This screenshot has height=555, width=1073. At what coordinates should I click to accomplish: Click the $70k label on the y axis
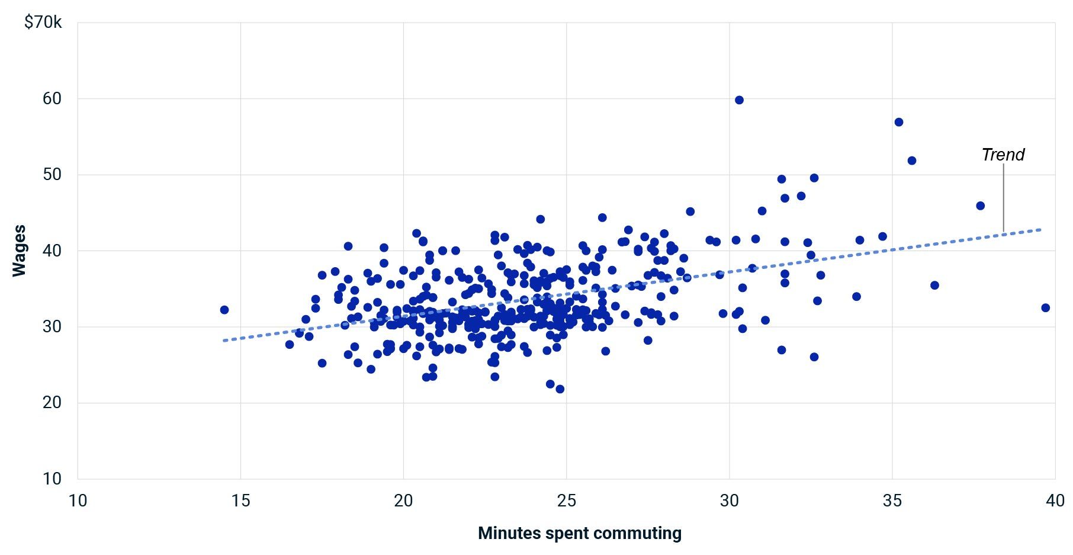point(43,23)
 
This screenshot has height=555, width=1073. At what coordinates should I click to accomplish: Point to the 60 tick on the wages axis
point(52,98)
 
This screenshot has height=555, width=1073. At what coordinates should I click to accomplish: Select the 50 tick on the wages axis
point(52,175)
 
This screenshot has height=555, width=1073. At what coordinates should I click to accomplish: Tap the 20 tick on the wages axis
point(52,403)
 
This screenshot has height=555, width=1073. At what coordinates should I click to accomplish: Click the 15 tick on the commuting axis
point(240,501)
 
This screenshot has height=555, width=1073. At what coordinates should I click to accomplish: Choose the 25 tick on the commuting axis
point(566,501)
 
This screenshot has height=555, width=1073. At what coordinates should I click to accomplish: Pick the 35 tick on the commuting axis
point(892,501)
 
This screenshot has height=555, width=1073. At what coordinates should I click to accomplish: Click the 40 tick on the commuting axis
point(1055,501)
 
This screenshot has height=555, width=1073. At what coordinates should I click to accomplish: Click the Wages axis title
point(20,251)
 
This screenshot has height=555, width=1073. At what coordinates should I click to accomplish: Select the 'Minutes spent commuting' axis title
point(579,533)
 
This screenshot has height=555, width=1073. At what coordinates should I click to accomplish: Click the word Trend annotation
point(1003,155)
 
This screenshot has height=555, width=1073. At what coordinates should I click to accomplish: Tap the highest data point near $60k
point(739,100)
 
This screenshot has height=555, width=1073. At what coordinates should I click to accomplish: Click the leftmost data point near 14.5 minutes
point(224,310)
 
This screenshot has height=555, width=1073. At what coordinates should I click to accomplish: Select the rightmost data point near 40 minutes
point(1045,308)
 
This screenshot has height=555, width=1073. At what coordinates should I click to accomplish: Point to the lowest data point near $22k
point(560,389)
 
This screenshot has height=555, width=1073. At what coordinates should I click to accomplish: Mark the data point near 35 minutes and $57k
point(898,122)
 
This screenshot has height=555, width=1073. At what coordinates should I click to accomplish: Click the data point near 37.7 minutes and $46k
point(980,206)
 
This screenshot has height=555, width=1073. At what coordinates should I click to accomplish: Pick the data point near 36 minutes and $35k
point(934,285)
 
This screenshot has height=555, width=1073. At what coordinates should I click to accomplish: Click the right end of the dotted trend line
point(1040,229)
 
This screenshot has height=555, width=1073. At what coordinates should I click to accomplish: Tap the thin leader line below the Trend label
point(1003,198)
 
